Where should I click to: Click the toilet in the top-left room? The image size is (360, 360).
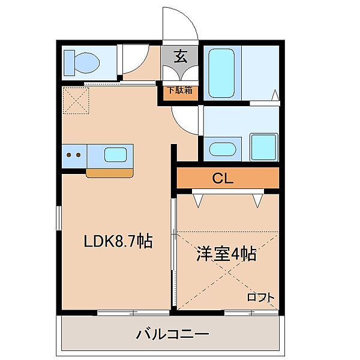coord(82,61)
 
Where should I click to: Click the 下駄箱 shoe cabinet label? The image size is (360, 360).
coord(179,91)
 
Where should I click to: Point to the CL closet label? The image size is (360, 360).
coord(223,178)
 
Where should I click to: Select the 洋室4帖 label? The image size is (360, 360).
coord(226,254)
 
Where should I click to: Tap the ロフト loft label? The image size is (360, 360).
coord(261,297)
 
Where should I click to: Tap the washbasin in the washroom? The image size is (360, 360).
coord(223,149)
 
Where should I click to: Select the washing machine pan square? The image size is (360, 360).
coord(262,146)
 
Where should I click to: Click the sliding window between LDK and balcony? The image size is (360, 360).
coord(134,312)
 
